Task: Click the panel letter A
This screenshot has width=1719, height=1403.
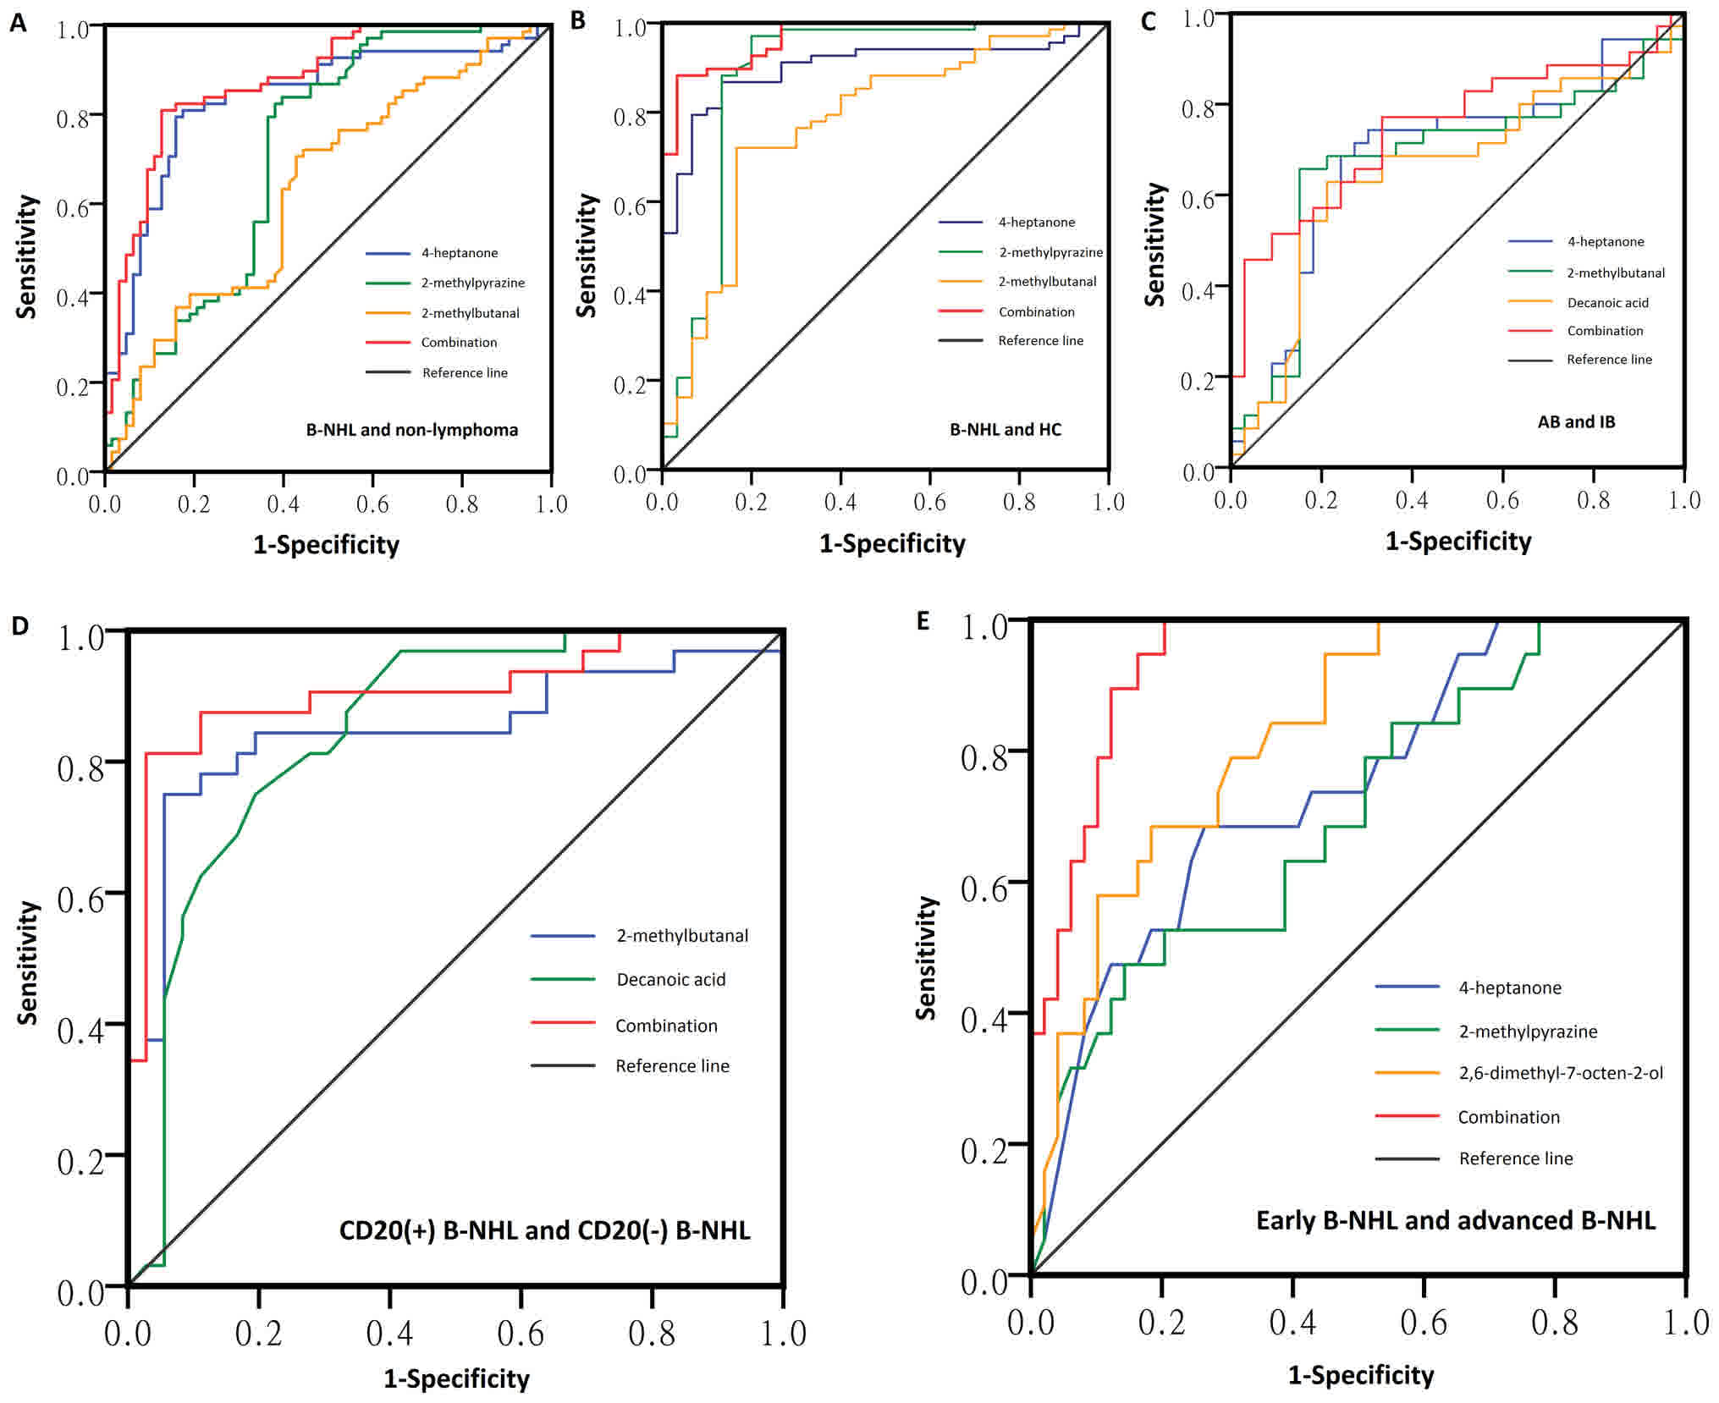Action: [x=19, y=24]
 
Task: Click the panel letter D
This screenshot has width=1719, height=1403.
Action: [x=19, y=625]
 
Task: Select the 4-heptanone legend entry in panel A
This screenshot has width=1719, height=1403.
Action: [x=459, y=253]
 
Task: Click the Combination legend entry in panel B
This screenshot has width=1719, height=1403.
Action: [x=1036, y=311]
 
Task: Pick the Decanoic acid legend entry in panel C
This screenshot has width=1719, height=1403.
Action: [x=1607, y=302]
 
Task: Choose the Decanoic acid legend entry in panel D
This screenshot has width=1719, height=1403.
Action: [x=670, y=979]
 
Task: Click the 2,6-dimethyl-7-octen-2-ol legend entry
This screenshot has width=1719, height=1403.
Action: [x=1561, y=1073]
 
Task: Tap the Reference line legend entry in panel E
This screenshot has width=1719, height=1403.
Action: [x=1515, y=1158]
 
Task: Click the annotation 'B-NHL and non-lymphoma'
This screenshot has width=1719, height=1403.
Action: [x=411, y=430]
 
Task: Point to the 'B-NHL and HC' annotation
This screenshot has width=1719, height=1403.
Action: [x=1005, y=430]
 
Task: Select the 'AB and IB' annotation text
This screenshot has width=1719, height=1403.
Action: [x=1576, y=422]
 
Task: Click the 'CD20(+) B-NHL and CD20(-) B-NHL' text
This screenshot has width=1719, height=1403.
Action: [x=544, y=1230]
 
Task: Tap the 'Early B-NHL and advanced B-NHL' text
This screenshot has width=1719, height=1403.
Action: [x=1455, y=1220]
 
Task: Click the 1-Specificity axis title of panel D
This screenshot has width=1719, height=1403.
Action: [x=456, y=1378]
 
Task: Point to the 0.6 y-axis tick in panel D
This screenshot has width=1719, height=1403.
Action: [x=80, y=900]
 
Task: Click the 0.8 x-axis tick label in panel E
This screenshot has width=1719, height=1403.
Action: [x=1554, y=1322]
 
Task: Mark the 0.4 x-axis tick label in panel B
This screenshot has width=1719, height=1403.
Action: [x=840, y=503]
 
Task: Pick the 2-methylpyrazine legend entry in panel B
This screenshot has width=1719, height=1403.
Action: [x=1050, y=252]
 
